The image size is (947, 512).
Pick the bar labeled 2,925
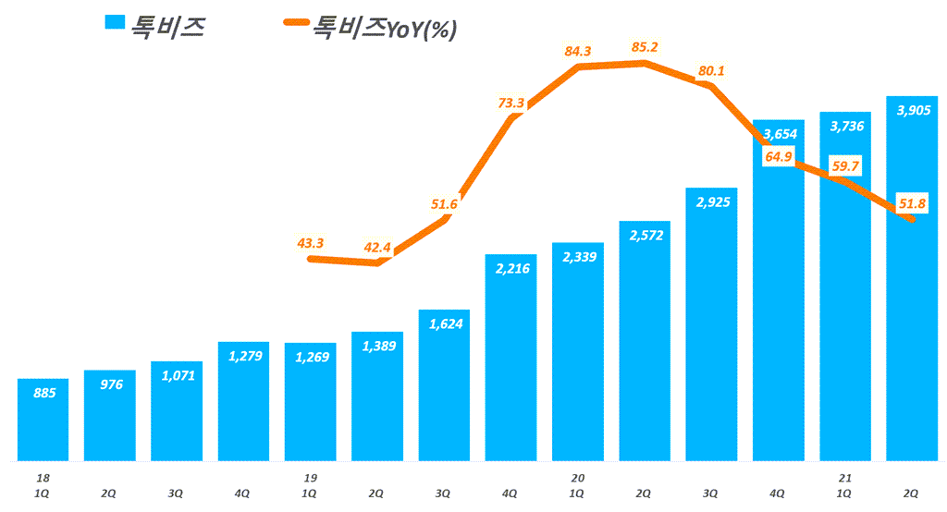(x=711, y=323)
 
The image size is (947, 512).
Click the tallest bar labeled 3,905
(x=912, y=277)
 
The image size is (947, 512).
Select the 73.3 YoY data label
(x=510, y=103)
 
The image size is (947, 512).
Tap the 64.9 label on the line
(x=779, y=157)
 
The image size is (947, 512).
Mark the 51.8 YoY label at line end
(x=912, y=203)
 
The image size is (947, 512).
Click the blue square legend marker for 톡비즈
(x=115, y=25)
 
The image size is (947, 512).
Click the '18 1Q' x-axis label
(x=43, y=486)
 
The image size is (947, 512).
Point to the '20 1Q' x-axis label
(x=578, y=486)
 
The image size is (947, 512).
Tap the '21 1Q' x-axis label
(x=845, y=486)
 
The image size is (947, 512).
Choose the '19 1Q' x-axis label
(x=311, y=486)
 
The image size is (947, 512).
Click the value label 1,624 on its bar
(x=444, y=323)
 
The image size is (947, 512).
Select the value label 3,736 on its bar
(x=845, y=126)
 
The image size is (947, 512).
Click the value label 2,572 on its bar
(x=645, y=236)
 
